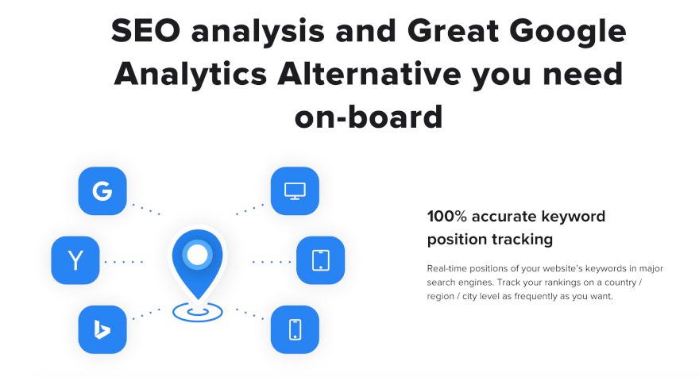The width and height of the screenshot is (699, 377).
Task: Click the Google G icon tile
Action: (102, 191)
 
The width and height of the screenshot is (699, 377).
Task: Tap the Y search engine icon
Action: (75, 260)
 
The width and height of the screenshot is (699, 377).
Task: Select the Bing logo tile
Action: (102, 329)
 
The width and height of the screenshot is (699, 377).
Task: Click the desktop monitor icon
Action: (295, 191)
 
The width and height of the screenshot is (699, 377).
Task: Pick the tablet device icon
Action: (321, 260)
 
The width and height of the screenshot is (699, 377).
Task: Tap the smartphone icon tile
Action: (295, 329)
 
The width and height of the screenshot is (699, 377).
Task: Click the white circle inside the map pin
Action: (198, 255)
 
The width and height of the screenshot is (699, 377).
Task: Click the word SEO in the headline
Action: (146, 31)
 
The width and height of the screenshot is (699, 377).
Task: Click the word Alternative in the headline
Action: (369, 74)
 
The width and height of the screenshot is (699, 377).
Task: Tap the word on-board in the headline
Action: (369, 117)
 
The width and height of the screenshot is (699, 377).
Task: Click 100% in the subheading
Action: (446, 217)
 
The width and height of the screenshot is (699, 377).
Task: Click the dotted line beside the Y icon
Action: (123, 262)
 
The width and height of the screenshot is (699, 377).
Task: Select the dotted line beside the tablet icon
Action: (272, 262)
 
